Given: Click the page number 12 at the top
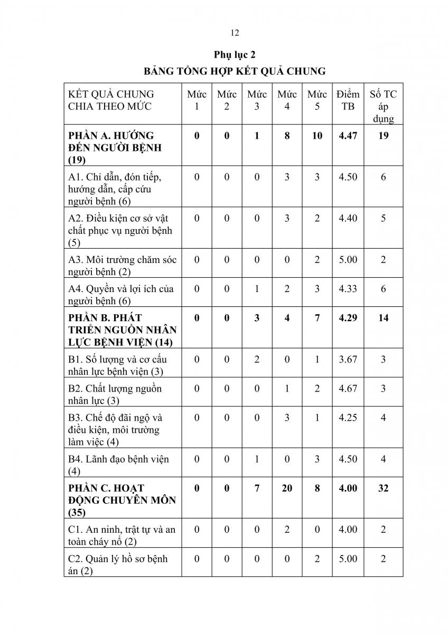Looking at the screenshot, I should pyautogui.click(x=235, y=33).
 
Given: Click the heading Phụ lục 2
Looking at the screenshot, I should pyautogui.click(x=235, y=55).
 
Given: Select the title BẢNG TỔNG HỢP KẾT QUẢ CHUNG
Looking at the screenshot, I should pyautogui.click(x=235, y=70).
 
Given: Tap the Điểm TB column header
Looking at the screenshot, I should pyautogui.click(x=348, y=100).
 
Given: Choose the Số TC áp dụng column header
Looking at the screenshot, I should pyautogui.click(x=383, y=106).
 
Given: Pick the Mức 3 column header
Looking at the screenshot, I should pyautogui.click(x=257, y=100).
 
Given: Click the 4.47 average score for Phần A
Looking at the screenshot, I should pyautogui.click(x=348, y=135).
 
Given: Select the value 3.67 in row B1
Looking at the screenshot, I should pyautogui.click(x=348, y=359).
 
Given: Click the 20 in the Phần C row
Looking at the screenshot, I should pyautogui.click(x=287, y=488).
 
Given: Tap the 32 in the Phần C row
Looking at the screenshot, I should pyautogui.click(x=383, y=488).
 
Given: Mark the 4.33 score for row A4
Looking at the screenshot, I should pyautogui.click(x=348, y=289).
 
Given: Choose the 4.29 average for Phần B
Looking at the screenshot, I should pyautogui.click(x=348, y=318).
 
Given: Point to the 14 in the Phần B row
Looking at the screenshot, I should pyautogui.click(x=383, y=318).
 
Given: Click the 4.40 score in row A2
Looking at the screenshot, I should pyautogui.click(x=348, y=218).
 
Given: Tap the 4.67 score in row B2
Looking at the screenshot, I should pyautogui.click(x=348, y=388).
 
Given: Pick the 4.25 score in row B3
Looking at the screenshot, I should pyautogui.click(x=348, y=418).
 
